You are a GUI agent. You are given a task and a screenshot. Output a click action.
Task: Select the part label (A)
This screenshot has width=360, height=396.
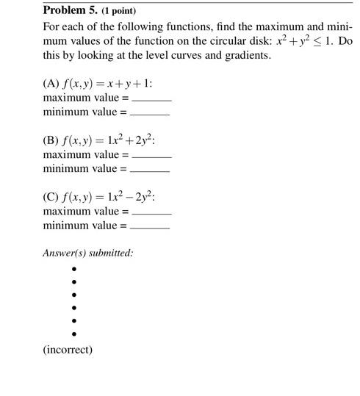point(51,84)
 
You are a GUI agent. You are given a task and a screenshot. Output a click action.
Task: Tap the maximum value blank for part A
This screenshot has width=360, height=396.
point(151,98)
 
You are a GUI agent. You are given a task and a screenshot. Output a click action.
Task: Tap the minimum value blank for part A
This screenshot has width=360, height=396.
point(149,113)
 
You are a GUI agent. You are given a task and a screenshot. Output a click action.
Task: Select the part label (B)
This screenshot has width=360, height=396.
point(51,141)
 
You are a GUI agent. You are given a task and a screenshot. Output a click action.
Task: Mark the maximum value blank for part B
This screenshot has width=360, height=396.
point(151,156)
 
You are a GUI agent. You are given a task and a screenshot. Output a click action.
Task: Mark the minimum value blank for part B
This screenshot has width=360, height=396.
point(149,170)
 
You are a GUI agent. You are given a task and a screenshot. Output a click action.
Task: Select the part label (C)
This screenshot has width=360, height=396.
point(51,198)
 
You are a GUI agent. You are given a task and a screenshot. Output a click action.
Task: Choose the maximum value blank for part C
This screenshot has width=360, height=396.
point(151,212)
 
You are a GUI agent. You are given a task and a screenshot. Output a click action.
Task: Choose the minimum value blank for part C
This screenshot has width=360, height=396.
point(149,227)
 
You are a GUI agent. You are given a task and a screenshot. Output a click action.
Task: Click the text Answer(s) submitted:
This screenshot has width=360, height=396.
point(88,253)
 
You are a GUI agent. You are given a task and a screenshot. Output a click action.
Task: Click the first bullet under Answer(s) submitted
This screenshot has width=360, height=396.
point(74,269)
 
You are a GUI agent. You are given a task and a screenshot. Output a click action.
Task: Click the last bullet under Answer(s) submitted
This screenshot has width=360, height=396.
point(74,334)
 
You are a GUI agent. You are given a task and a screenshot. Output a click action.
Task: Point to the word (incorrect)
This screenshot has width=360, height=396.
point(68,350)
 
